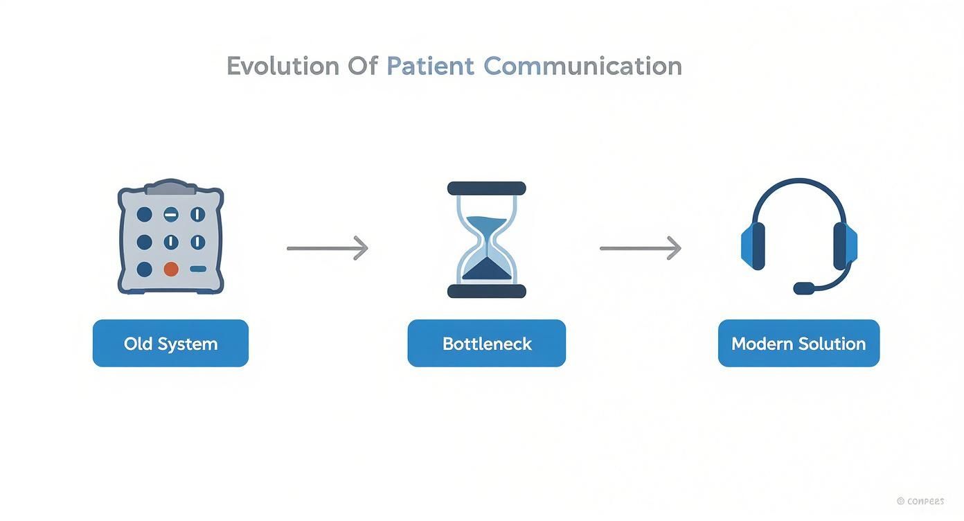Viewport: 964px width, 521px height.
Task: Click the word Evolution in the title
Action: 283,67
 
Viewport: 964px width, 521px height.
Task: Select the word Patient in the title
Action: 430,67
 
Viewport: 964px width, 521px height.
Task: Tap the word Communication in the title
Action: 582,67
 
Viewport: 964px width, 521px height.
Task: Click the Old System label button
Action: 170,344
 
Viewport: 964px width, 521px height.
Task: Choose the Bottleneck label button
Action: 486,344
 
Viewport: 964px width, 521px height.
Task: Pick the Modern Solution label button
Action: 798,344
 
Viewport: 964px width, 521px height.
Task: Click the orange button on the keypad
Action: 170,269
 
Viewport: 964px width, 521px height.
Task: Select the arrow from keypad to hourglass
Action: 327,248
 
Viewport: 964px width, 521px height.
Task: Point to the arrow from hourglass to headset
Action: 640,248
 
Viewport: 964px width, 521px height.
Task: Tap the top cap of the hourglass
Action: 486,188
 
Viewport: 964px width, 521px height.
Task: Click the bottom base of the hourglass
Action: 486,291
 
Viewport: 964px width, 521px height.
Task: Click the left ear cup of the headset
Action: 753,246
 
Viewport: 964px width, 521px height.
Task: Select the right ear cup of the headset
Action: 845,246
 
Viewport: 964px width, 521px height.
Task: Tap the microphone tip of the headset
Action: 804,288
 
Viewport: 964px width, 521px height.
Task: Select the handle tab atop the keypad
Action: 170,186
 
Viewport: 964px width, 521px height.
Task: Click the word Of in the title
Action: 363,67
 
